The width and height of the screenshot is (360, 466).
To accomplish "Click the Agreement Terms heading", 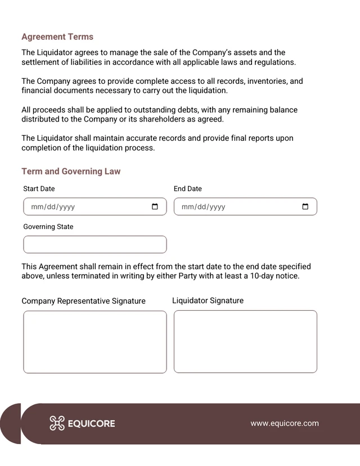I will (x=57, y=37).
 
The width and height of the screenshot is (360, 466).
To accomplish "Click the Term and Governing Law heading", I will (x=71, y=171).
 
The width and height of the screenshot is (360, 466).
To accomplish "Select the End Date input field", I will (x=236, y=207).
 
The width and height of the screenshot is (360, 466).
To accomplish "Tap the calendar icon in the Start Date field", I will (x=155, y=207).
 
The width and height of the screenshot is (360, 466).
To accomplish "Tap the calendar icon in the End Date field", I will (x=305, y=207).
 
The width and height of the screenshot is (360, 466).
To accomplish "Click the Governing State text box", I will (x=95, y=244).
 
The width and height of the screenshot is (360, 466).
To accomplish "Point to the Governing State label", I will (x=48, y=227).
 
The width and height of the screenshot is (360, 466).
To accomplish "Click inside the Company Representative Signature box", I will (x=95, y=342).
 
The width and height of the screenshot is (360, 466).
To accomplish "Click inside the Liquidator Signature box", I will (x=245, y=341).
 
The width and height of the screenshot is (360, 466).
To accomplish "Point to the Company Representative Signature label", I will (x=83, y=301).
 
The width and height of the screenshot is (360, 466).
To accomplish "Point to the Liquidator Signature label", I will (x=208, y=301).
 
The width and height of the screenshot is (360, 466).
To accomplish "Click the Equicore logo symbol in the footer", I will (x=57, y=423).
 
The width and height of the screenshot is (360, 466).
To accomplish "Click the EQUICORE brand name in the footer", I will (x=91, y=424).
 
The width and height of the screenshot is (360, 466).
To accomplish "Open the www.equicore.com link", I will (x=285, y=423).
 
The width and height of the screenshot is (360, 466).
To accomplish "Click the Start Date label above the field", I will (x=39, y=189).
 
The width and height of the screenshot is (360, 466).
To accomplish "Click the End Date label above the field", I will (x=187, y=189).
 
